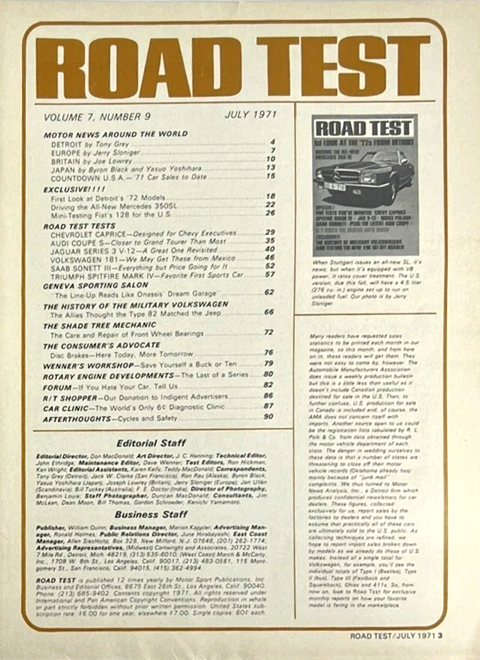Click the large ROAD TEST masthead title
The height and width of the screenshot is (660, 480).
[x=233, y=67]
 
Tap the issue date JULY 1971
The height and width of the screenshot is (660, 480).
[x=250, y=115]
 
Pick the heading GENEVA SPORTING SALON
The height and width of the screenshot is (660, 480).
[x=96, y=285]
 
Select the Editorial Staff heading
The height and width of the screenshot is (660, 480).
[x=152, y=442]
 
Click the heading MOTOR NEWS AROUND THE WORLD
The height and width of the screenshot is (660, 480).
[x=115, y=134]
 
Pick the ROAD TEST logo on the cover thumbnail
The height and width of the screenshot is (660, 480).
[x=364, y=129]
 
